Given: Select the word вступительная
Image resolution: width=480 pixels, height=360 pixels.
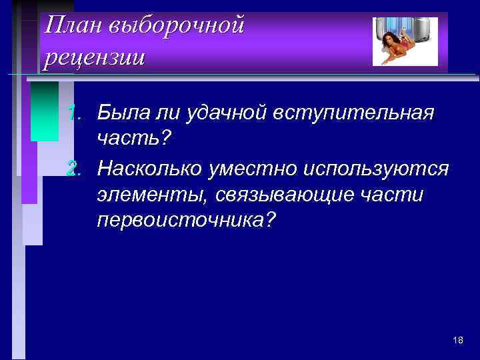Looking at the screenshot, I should pos(353,114).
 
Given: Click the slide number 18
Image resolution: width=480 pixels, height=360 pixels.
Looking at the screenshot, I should pos(457,341).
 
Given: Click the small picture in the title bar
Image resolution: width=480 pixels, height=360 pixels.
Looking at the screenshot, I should pos(405,41).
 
